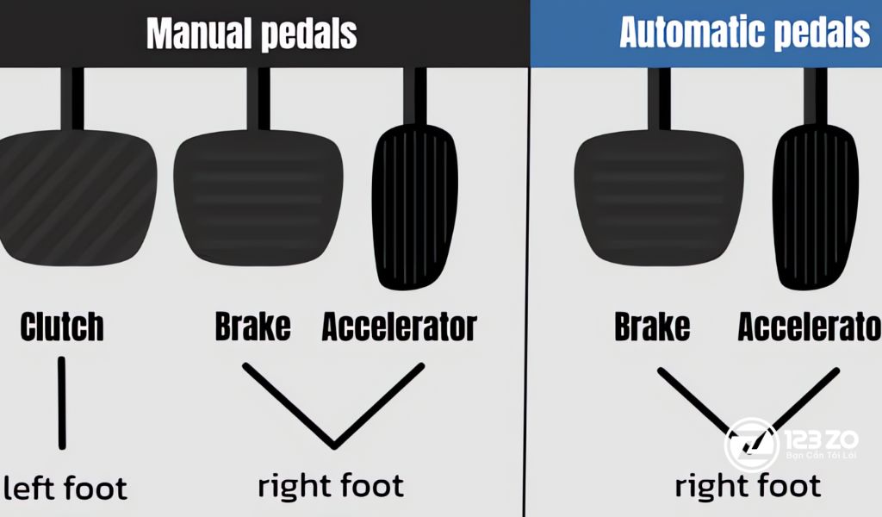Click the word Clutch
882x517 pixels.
point(62,327)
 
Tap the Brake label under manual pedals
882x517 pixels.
point(252,327)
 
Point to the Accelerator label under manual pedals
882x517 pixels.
point(399,327)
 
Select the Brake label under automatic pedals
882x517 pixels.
point(652,327)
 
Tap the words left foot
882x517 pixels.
point(65,488)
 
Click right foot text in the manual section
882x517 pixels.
point(331,485)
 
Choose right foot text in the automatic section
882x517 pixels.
point(748,486)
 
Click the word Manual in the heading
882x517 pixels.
point(196,34)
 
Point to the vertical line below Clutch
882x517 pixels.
point(61,402)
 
